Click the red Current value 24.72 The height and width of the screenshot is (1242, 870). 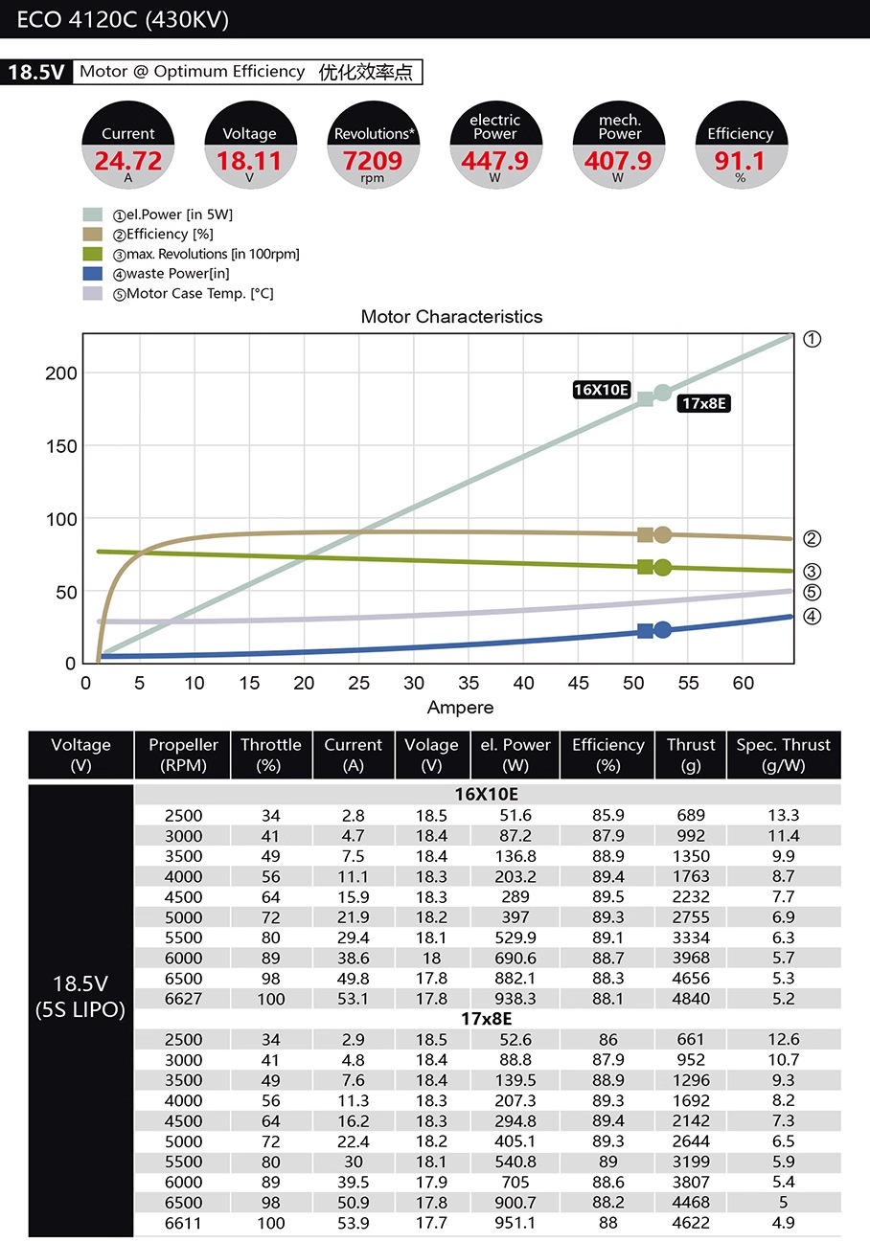tap(128, 161)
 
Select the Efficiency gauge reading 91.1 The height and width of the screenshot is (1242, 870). tap(740, 161)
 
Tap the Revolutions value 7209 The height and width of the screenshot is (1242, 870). tap(373, 161)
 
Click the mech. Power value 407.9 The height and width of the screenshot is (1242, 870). tap(618, 161)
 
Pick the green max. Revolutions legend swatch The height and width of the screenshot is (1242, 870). tap(93, 254)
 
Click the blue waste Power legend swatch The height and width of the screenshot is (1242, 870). tap(93, 273)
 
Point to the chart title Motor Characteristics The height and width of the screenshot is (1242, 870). tap(451, 317)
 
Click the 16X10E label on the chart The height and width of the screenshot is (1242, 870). tap(601, 390)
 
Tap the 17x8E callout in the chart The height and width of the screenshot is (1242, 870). tap(703, 403)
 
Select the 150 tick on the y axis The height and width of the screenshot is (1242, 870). tap(61, 446)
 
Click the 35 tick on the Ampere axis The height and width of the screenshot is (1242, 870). tap(469, 683)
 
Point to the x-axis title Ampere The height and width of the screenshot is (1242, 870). tap(460, 708)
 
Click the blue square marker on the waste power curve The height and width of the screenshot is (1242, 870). tap(645, 631)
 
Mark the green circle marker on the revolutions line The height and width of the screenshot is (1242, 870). tap(662, 567)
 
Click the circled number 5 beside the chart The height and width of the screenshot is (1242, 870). tap(812, 592)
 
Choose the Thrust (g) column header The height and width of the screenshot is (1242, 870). tap(691, 755)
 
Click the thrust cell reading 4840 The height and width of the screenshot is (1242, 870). tap(691, 999)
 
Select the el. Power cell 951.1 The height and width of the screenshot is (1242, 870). tap(515, 1223)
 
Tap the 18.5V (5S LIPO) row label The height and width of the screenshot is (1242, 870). tap(80, 996)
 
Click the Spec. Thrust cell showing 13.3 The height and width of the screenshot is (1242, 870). tap(783, 815)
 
